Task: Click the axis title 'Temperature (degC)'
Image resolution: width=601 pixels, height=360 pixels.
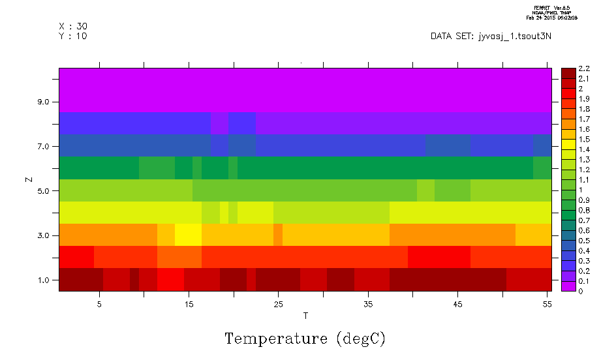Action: (305, 338)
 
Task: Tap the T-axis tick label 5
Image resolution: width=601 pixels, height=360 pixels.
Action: (99, 304)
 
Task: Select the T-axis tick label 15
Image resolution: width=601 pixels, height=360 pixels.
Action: (189, 304)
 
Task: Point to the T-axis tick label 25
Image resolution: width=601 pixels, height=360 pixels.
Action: (278, 304)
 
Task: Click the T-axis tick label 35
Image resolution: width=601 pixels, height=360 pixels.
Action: (368, 304)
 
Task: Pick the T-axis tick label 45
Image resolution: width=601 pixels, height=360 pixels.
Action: (457, 304)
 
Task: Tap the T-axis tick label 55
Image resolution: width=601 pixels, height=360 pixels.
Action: (547, 304)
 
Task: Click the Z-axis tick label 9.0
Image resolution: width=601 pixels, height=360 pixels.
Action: (44, 102)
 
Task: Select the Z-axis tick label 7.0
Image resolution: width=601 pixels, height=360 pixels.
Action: (44, 146)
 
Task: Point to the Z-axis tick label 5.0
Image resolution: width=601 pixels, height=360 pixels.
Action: (44, 191)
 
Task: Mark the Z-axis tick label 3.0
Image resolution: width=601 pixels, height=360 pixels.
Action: (44, 235)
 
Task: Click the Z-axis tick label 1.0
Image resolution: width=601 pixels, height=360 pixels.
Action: (44, 280)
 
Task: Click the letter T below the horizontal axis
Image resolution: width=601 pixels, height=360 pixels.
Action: (305, 316)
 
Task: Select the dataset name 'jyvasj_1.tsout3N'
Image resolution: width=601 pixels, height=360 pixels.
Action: (516, 36)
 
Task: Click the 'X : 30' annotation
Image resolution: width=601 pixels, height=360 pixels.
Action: (73, 26)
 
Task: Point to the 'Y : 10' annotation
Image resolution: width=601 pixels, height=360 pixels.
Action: (73, 36)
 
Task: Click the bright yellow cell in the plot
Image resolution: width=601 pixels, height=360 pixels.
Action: (189, 234)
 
